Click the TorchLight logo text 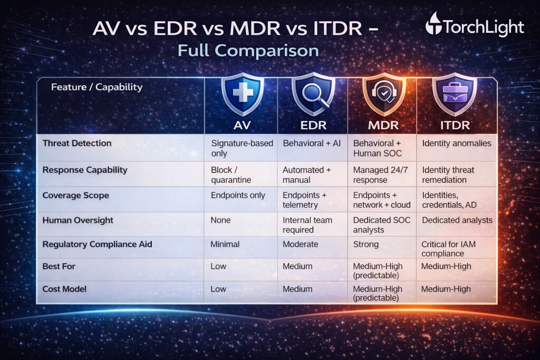(483, 27)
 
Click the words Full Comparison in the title (248, 51)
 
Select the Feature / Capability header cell (97, 87)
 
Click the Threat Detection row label (77, 143)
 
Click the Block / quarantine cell (232, 174)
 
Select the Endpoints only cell (238, 195)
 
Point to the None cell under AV (220, 220)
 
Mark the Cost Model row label (65, 289)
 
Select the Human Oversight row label (78, 220)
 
